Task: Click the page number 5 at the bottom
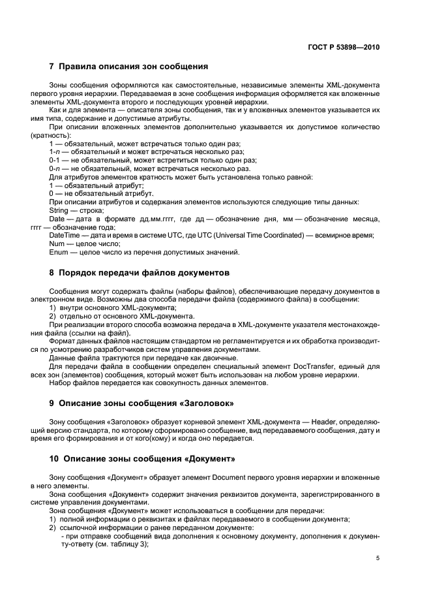[378, 558]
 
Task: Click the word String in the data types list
[59, 211]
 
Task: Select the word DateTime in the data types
[65, 235]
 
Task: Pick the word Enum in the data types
[58, 252]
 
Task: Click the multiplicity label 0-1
[55, 160]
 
